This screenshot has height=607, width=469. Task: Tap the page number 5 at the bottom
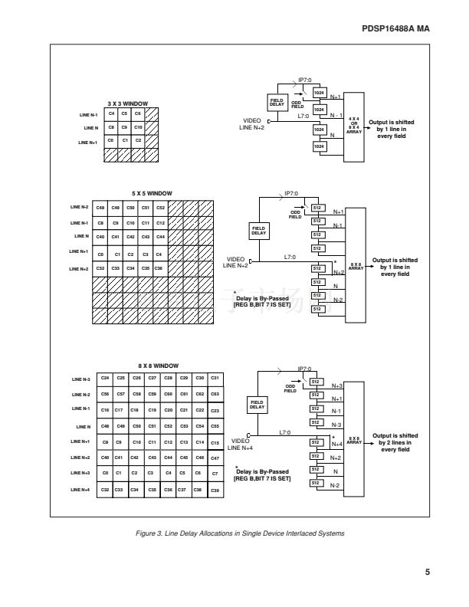coord(427,570)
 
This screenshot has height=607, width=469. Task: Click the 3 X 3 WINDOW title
coord(127,103)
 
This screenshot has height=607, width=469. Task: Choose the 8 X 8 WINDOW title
coord(158,366)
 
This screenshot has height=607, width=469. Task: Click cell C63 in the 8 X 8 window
coord(215,394)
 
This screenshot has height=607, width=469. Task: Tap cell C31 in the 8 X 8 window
coord(215,378)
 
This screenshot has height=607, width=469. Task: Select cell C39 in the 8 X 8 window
coord(215,490)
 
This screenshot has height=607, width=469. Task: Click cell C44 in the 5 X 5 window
coord(160,237)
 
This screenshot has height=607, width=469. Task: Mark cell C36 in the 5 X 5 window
coord(160,268)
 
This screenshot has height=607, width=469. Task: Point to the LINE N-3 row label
coord(80,379)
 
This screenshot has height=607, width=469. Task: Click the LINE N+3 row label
coord(80,474)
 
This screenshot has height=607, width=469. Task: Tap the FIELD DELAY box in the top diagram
coord(277,103)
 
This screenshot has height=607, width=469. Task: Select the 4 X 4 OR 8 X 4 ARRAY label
coord(354,125)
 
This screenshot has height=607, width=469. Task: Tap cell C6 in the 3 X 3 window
coord(138,114)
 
